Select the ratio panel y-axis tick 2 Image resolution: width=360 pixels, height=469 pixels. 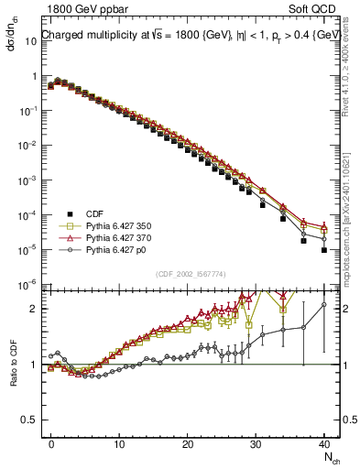coord(32,309)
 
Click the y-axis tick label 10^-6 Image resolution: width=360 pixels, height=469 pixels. coord(27,284)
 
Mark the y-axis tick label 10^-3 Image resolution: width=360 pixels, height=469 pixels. coord(27,180)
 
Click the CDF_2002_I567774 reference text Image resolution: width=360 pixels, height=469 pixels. coord(191,274)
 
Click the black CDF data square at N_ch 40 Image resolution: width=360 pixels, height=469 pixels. coord(324,249)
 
